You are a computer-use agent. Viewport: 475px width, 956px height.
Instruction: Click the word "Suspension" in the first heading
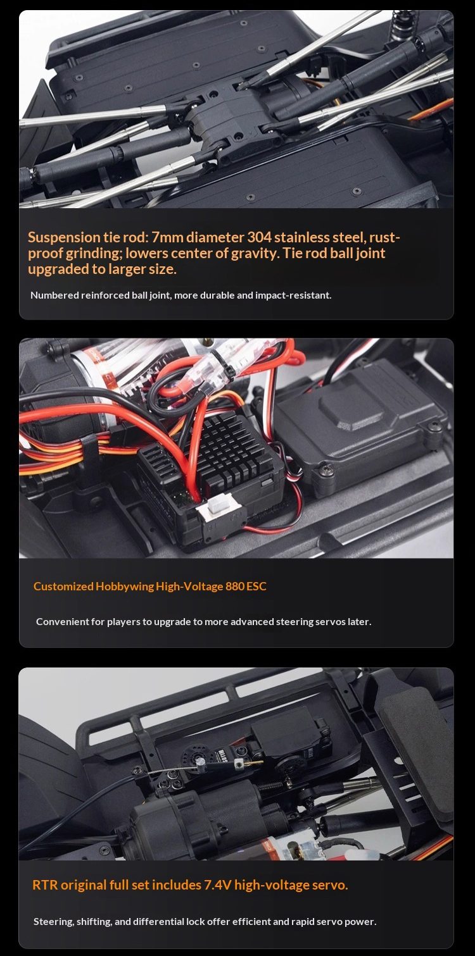click(x=64, y=238)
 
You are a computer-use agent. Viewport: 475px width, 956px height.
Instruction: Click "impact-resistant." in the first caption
click(x=293, y=295)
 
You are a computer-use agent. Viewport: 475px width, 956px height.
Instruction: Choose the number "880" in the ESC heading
click(x=234, y=586)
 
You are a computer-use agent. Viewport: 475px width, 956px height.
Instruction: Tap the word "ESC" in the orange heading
click(x=256, y=586)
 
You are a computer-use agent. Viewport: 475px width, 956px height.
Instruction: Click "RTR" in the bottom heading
click(x=45, y=885)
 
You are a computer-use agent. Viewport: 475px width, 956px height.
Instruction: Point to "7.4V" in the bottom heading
click(x=217, y=885)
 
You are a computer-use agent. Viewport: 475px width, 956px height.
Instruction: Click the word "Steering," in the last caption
click(x=54, y=921)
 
